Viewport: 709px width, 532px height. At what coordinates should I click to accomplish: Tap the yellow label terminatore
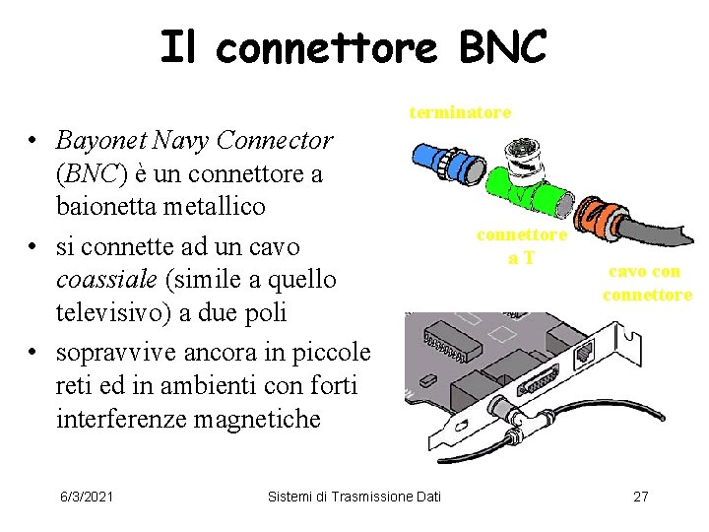click(460, 112)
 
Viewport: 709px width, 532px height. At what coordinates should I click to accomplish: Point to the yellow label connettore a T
click(521, 246)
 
